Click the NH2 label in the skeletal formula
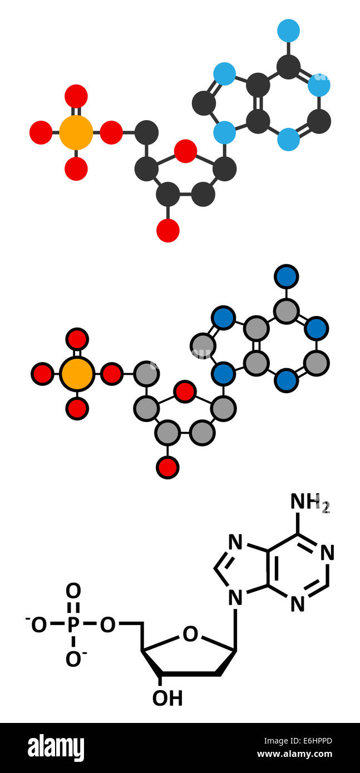coord(309,502)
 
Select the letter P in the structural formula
coord(73,625)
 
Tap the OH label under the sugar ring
coord(167,698)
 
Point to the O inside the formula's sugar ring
coord(190,634)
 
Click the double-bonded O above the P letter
coord(73,591)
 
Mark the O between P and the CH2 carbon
coord(107,625)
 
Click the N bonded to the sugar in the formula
coord(235,598)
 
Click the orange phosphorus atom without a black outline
coord(76,132)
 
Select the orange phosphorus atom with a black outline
coord(77,374)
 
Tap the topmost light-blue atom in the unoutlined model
coord(288,31)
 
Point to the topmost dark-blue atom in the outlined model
coord(286,276)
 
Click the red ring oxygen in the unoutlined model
coord(185,151)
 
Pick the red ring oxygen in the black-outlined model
coord(185,392)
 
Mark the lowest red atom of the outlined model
coord(167,468)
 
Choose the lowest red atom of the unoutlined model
coord(167,231)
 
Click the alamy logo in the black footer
coord(56,748)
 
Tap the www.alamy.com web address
coord(294,755)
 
